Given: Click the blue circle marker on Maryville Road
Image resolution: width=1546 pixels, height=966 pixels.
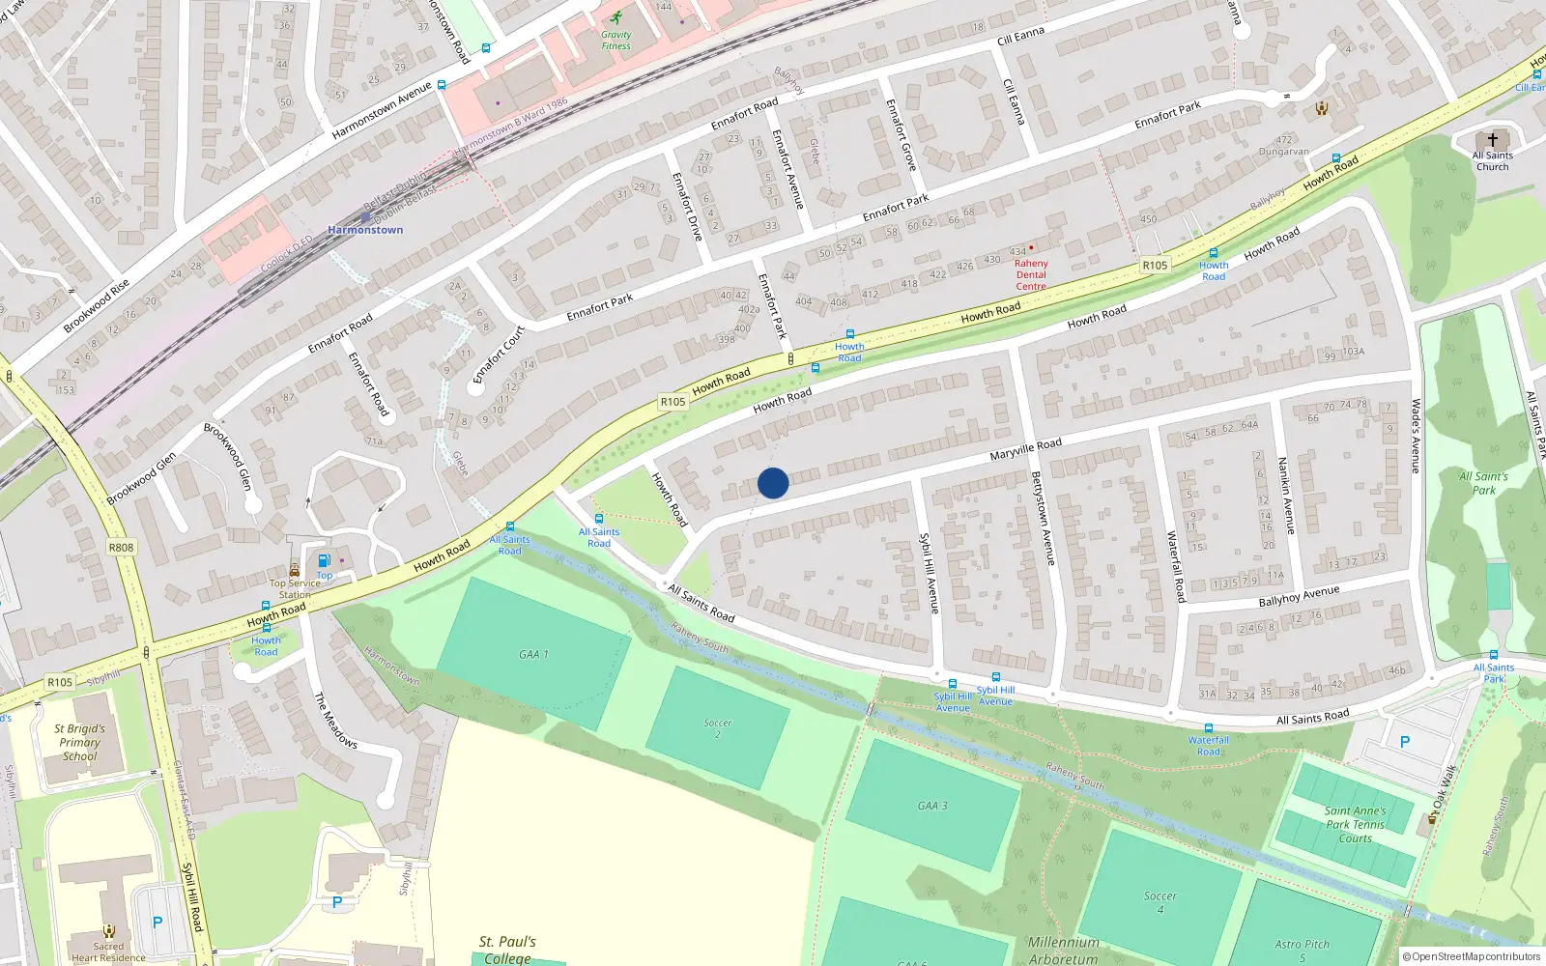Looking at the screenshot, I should pos(773,483).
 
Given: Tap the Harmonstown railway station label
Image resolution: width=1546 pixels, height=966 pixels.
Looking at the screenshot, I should pos(365,230).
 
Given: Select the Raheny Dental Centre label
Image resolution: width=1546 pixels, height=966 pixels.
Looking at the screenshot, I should pos(1031,274).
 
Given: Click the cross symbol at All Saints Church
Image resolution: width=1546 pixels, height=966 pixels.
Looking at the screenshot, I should pos(1493,140).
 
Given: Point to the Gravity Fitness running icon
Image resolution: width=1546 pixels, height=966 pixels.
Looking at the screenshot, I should pos(616,17).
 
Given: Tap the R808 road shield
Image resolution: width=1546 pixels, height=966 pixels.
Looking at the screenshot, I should pos(121,548).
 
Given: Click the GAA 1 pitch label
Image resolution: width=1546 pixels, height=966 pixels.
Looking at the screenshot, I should pos(533,655).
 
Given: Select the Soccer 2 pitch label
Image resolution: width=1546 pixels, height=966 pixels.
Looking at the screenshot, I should pos(717,728).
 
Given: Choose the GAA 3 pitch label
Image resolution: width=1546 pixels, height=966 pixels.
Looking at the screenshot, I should pos(932,806).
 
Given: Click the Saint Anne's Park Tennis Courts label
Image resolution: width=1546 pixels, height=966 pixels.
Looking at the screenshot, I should pos(1355,825).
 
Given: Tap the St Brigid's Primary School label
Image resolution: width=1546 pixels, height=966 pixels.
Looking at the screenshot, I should pos(79,743).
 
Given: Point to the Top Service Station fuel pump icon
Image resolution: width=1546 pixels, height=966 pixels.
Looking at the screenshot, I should pos(325,560).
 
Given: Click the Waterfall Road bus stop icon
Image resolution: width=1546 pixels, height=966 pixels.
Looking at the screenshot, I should pos(1208,728).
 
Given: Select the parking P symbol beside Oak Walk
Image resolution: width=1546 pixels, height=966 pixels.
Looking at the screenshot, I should pos(1405,743).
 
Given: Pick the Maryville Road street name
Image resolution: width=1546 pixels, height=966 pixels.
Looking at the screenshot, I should pos(1025,449).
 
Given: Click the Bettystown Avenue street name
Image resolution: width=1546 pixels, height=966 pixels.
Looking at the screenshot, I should pos(1043,518).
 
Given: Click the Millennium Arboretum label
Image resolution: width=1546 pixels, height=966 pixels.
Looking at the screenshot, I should pos(1063,951).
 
